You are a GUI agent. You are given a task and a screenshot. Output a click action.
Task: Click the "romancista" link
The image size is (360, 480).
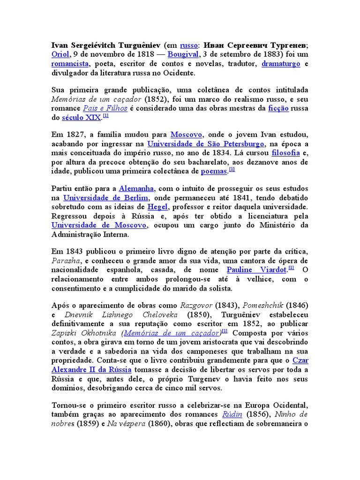(x=70, y=64)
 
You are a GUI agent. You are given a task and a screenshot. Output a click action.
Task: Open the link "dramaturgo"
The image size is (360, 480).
(x=281, y=64)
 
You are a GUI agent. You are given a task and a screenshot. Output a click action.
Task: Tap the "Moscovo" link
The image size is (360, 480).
(x=186, y=135)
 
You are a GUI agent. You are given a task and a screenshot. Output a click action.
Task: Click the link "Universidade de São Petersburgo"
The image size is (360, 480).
(x=206, y=144)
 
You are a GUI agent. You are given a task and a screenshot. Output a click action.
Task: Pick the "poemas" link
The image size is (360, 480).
(x=214, y=171)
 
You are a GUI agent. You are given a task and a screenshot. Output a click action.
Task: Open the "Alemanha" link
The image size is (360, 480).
(x=136, y=188)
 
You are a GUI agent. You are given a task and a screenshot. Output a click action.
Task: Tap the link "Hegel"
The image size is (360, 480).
(x=157, y=207)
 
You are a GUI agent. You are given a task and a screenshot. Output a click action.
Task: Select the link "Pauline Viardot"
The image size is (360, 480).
(x=256, y=270)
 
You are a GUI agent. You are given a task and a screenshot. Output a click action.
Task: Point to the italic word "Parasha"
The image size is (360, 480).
(x=65, y=261)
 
